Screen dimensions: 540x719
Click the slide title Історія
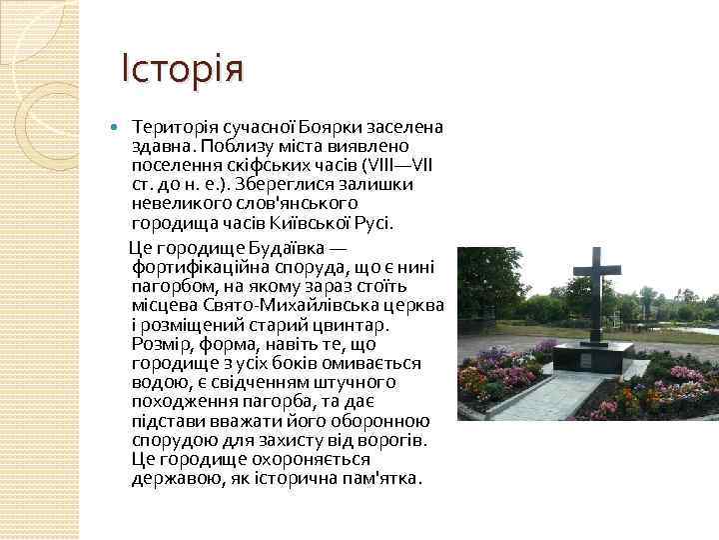tap(182, 70)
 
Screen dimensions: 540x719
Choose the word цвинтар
tap(357, 325)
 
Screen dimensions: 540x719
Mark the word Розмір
tap(158, 344)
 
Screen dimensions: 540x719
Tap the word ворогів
tap(390, 440)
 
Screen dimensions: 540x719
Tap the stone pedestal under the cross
tap(593, 355)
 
